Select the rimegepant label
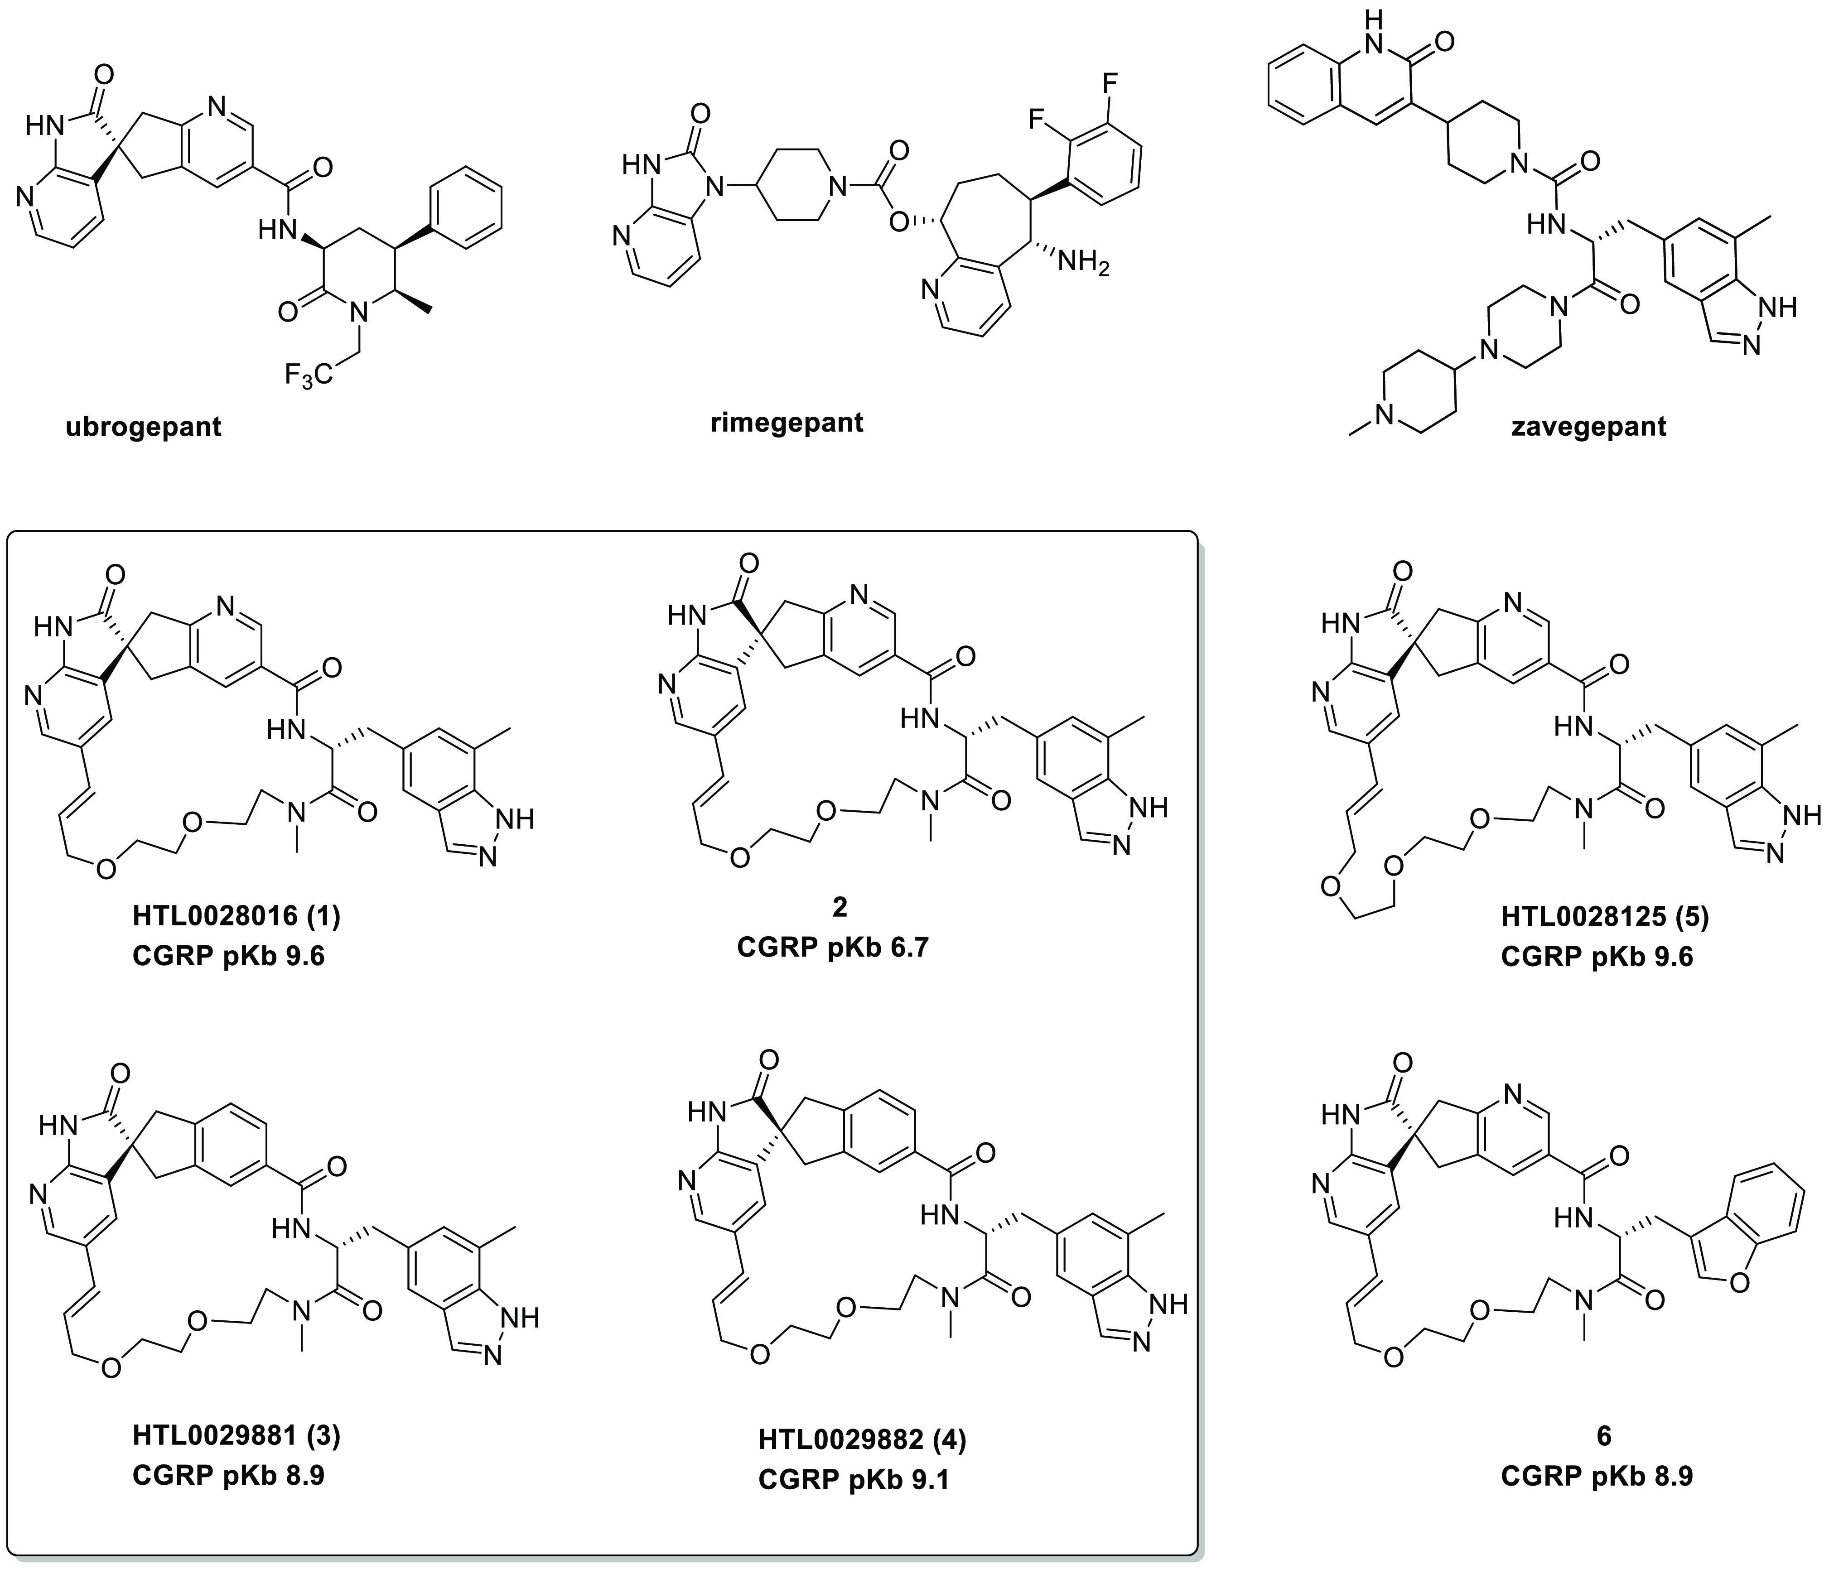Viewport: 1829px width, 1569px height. point(787,422)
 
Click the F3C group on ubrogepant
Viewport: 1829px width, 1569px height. point(309,377)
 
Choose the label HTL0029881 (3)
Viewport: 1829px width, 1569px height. point(236,1436)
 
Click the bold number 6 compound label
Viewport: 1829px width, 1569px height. point(1604,1436)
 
